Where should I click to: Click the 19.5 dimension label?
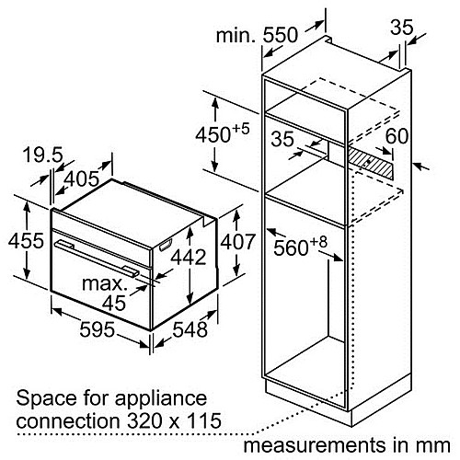[43, 155]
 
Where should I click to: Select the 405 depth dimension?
[82, 178]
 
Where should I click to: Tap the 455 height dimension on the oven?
[26, 240]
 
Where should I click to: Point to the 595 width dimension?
[98, 329]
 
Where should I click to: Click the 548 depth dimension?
[190, 330]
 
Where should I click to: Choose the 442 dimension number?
[189, 257]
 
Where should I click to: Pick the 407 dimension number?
[238, 242]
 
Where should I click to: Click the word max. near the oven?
[105, 284]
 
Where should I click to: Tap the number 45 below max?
[114, 303]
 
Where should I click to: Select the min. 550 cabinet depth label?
[257, 35]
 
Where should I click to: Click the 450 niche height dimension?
[223, 133]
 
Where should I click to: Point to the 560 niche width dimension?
[301, 247]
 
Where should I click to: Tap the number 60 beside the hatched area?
[397, 136]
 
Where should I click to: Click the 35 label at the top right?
[402, 28]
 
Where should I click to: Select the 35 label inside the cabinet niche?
[282, 139]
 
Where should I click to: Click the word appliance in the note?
[161, 399]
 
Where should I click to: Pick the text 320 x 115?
[174, 420]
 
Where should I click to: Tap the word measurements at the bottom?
[315, 445]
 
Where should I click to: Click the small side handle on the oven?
[165, 245]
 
